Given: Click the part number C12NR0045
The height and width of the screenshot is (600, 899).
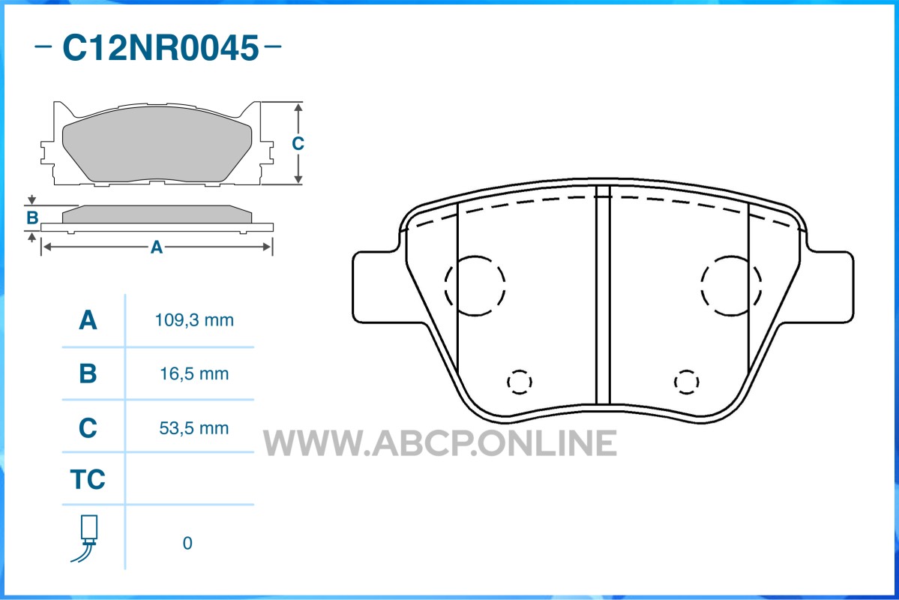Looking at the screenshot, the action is [x=160, y=47].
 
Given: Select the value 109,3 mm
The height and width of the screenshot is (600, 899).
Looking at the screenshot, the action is [x=194, y=320].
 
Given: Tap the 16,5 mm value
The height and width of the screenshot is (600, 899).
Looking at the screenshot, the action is [x=194, y=374].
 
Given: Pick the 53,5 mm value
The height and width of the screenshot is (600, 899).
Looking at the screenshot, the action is [x=194, y=428].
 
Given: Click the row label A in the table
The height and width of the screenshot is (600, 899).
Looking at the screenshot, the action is [x=88, y=320].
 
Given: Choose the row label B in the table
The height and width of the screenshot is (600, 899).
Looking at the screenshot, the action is [x=88, y=373].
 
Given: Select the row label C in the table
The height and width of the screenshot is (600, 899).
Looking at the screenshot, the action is [x=88, y=428].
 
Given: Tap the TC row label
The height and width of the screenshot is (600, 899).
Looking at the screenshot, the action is [x=88, y=479].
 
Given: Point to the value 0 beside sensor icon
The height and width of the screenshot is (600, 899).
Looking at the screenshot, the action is [x=187, y=543].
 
